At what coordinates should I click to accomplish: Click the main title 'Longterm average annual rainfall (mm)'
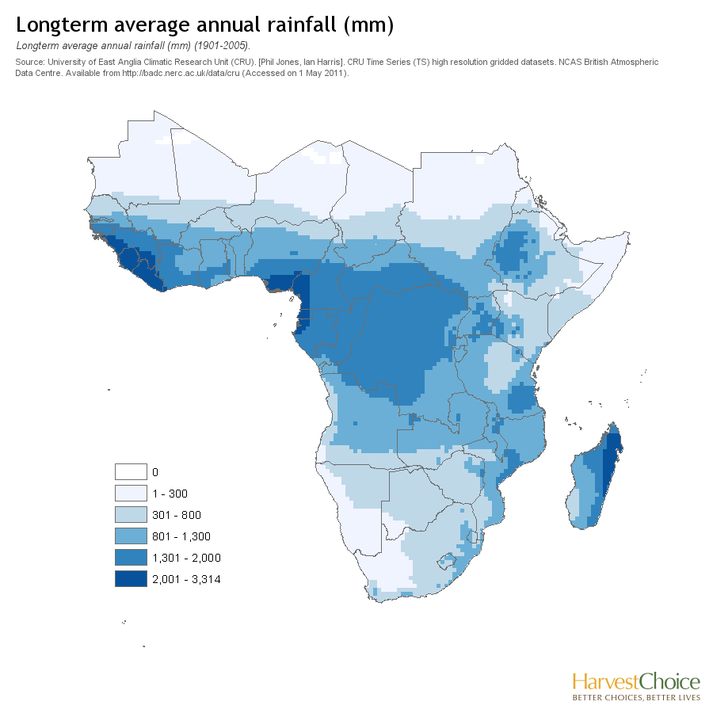(x=204, y=25)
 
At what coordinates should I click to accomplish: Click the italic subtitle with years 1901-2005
(x=133, y=46)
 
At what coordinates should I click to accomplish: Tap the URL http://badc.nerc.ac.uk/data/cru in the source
(x=181, y=73)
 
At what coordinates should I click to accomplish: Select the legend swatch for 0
(x=131, y=472)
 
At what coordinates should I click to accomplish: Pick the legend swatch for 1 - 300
(x=131, y=494)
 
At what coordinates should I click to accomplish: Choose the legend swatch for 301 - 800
(x=131, y=515)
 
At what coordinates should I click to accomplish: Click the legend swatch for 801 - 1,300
(x=131, y=536)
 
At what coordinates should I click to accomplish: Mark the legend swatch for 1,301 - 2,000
(x=131, y=558)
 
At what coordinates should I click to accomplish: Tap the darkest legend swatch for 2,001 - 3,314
(x=131, y=579)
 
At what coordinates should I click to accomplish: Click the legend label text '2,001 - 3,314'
(x=186, y=579)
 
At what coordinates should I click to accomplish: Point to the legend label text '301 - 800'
(x=177, y=515)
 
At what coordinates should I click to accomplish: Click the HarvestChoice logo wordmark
(x=636, y=682)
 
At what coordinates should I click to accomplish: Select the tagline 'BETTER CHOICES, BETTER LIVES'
(x=636, y=697)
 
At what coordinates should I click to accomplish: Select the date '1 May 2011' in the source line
(x=320, y=73)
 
